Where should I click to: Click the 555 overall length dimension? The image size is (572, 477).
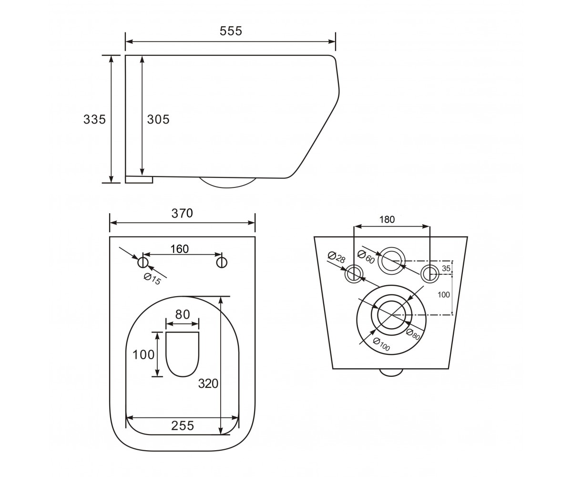[x=231, y=31]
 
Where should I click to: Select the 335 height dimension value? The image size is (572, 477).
[x=94, y=120]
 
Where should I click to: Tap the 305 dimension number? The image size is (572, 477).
[x=158, y=120]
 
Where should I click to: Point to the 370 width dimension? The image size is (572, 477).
[x=182, y=213]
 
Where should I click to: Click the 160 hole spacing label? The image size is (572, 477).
[x=180, y=249]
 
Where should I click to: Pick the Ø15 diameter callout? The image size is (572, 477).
[x=153, y=279]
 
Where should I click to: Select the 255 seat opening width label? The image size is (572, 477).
[x=183, y=426]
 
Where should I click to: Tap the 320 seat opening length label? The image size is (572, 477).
[x=208, y=384]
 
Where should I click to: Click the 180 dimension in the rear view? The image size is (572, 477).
[x=387, y=219]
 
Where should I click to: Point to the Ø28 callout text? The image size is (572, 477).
[x=337, y=257]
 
